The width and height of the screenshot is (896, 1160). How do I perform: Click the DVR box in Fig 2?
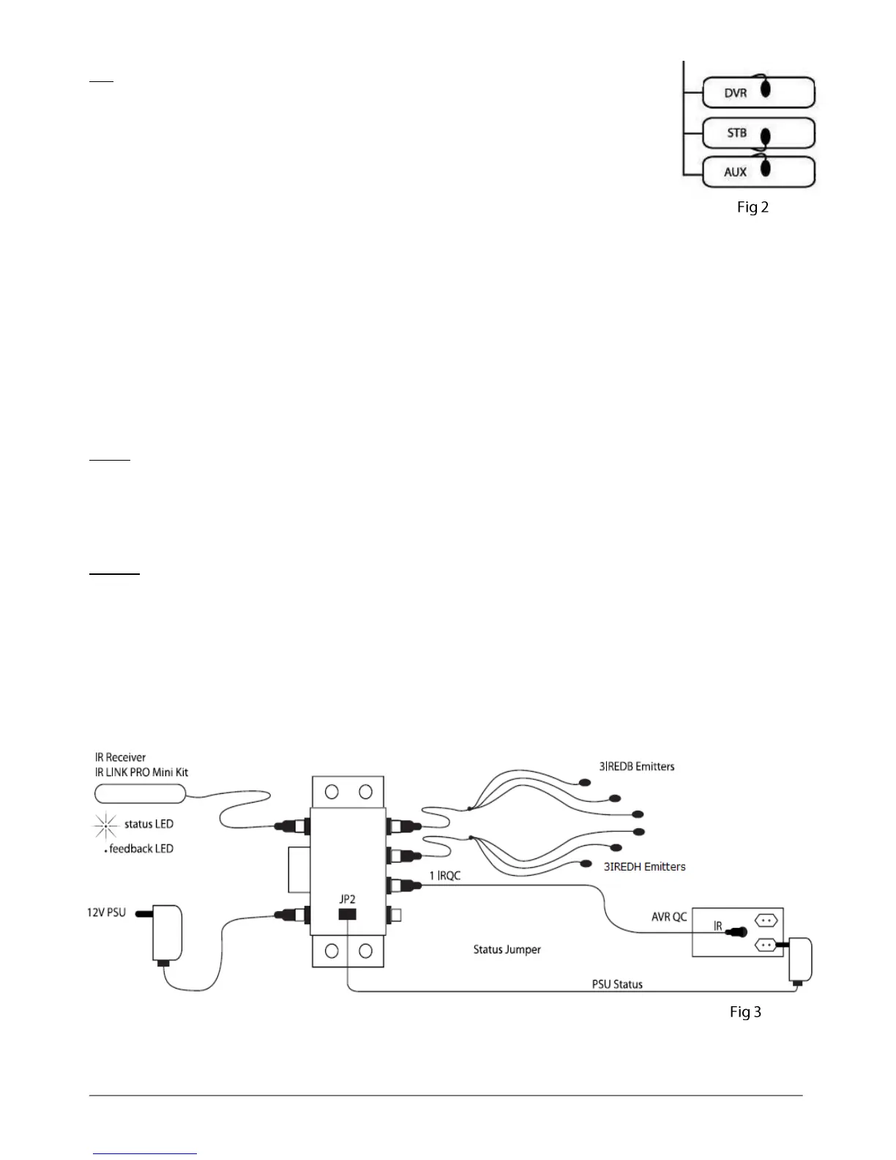click(758, 93)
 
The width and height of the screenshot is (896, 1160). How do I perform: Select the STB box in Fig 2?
click(758, 133)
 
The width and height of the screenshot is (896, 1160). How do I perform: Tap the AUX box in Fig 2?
click(758, 172)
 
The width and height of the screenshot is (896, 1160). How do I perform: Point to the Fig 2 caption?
click(753, 207)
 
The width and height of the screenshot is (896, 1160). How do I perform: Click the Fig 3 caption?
click(745, 1012)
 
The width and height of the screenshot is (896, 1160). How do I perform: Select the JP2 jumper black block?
click(347, 914)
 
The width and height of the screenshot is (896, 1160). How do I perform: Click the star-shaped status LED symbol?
click(105, 825)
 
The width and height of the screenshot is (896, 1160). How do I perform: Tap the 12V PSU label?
click(102, 912)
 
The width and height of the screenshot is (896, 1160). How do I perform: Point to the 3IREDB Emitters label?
click(637, 767)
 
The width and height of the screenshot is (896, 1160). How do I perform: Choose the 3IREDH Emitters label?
click(644, 866)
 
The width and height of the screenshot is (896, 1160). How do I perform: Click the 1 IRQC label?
click(445, 875)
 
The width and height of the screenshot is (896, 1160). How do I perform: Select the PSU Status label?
click(617, 984)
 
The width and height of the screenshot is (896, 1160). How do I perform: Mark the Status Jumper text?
click(507, 950)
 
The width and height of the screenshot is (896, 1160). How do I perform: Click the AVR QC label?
click(669, 916)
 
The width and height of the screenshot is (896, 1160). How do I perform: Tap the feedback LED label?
click(141, 849)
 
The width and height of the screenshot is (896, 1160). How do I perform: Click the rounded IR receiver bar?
click(140, 793)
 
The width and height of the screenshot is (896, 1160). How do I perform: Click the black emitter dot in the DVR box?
click(766, 89)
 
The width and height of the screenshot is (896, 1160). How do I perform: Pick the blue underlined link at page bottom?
click(146, 1154)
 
